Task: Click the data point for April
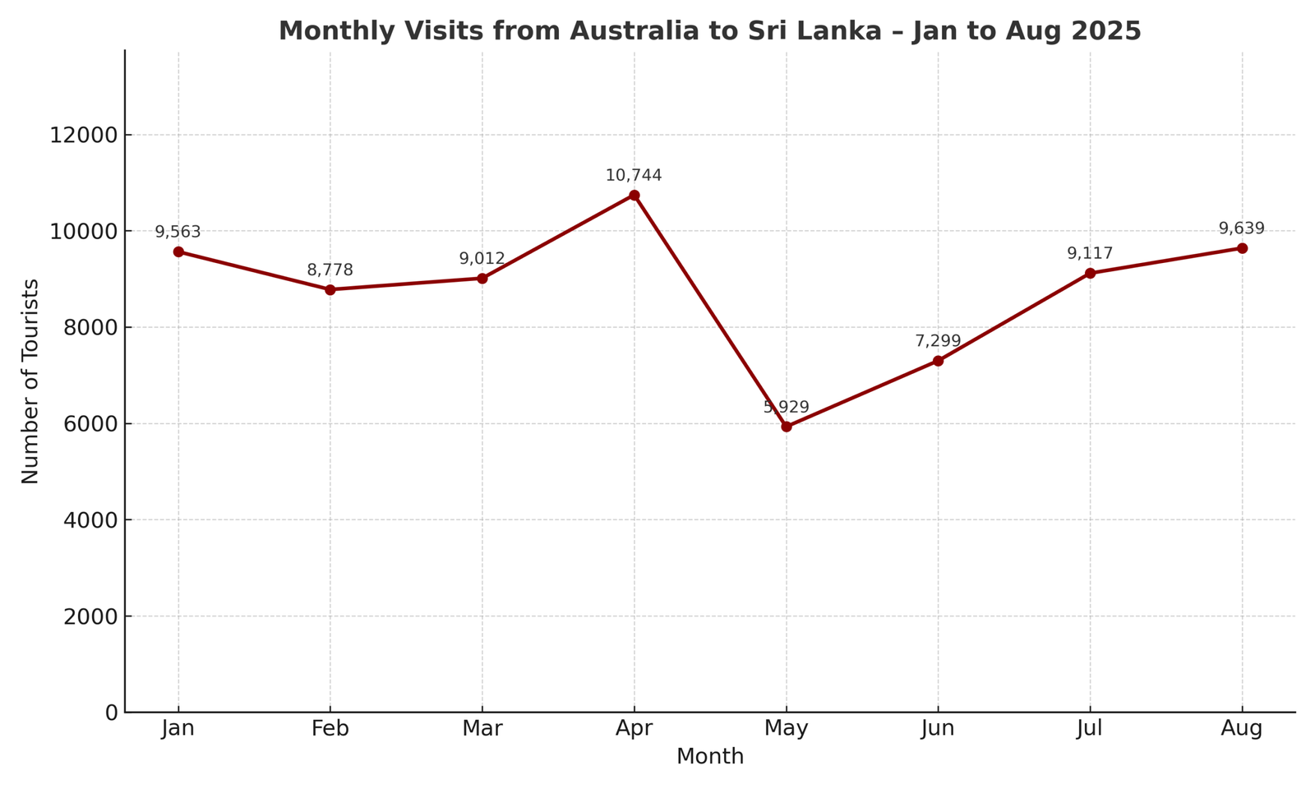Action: click(634, 196)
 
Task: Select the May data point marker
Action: click(787, 427)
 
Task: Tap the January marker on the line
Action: click(178, 251)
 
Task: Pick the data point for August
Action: click(1242, 248)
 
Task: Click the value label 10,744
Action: click(634, 176)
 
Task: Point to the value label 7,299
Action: click(938, 341)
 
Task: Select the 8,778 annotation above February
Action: click(330, 270)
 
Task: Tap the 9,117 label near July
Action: click(1090, 254)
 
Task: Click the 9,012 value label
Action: click(482, 259)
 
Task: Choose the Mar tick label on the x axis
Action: click(482, 729)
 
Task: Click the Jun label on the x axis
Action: click(938, 729)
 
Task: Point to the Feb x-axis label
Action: click(330, 729)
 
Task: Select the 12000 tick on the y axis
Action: click(84, 136)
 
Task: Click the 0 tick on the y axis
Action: click(112, 713)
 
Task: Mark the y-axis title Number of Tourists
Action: click(30, 381)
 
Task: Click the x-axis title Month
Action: click(710, 757)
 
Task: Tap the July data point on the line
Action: click(1090, 273)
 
